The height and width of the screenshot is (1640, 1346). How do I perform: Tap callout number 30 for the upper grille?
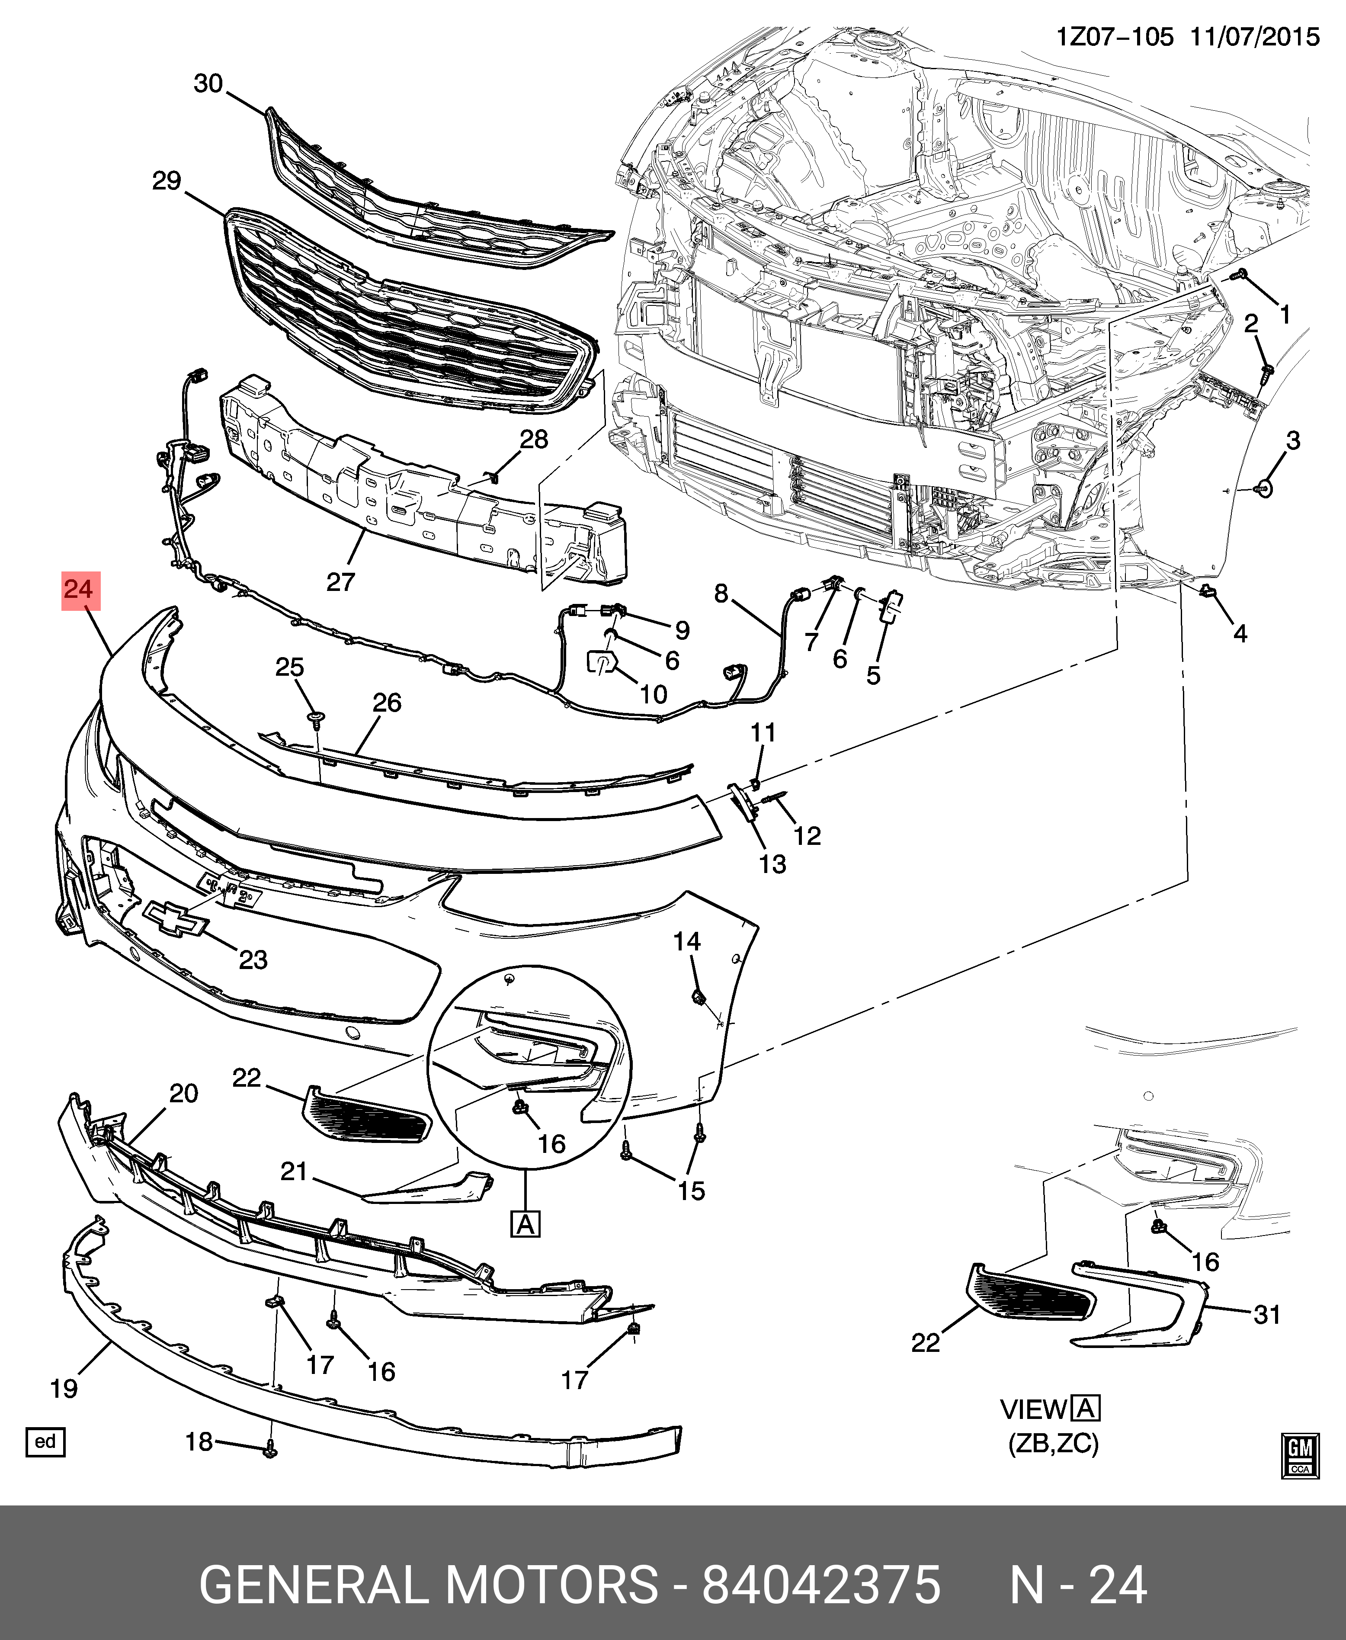click(x=208, y=84)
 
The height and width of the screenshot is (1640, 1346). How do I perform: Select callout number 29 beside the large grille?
click(x=167, y=181)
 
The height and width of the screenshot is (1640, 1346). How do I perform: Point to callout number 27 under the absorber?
click(x=340, y=581)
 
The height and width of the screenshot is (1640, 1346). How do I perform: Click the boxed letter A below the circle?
click(x=526, y=1224)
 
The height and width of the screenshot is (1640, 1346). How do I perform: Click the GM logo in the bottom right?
click(x=1299, y=1456)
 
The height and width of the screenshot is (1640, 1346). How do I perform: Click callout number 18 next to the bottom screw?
click(x=199, y=1441)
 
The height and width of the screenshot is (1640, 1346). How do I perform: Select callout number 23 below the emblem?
click(x=253, y=960)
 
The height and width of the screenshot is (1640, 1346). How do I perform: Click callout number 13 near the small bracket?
click(x=772, y=864)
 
